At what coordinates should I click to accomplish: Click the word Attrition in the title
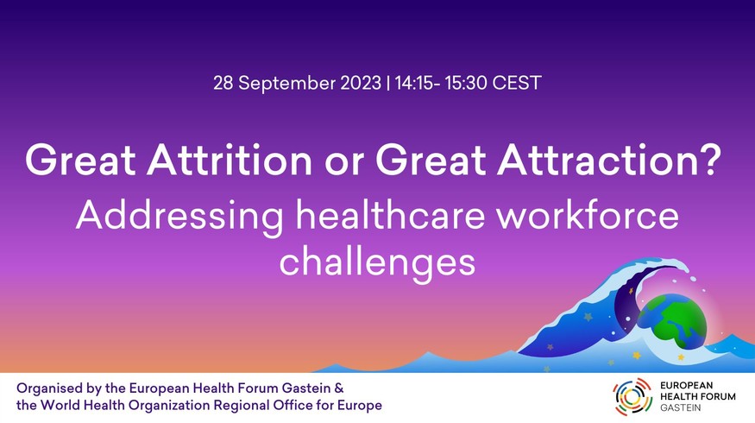pyautogui.click(x=230, y=160)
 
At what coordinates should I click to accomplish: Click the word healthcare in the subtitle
pyautogui.click(x=390, y=215)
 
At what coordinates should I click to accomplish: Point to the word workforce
pyautogui.click(x=588, y=215)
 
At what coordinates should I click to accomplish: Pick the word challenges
pyautogui.click(x=377, y=262)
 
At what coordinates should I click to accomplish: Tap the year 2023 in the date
pyautogui.click(x=361, y=83)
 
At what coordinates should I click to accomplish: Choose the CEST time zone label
pyautogui.click(x=517, y=83)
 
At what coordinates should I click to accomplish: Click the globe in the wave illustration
pyautogui.click(x=672, y=320)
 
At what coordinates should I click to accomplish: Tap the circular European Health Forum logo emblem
pyautogui.click(x=632, y=397)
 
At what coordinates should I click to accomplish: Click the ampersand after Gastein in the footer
pyautogui.click(x=339, y=388)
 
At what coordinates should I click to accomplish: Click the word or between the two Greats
pyautogui.click(x=343, y=164)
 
